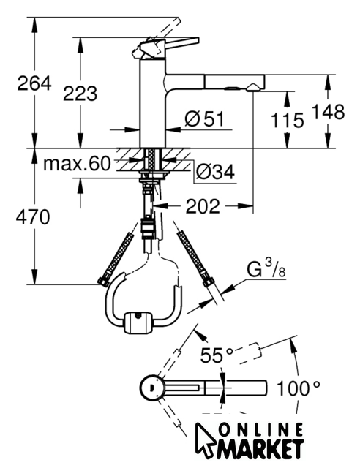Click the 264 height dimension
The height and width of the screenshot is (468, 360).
click(x=34, y=83)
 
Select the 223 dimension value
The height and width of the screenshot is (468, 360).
click(x=80, y=93)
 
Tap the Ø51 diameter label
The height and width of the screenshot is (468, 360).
click(x=204, y=118)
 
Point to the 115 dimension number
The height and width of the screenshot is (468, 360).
click(x=287, y=120)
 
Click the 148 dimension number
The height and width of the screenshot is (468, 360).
click(x=328, y=112)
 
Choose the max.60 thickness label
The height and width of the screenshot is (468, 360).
click(x=77, y=164)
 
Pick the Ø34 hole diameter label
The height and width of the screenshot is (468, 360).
click(x=215, y=172)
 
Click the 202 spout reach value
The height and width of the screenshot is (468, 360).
click(x=203, y=206)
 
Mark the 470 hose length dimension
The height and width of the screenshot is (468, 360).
click(x=33, y=217)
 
